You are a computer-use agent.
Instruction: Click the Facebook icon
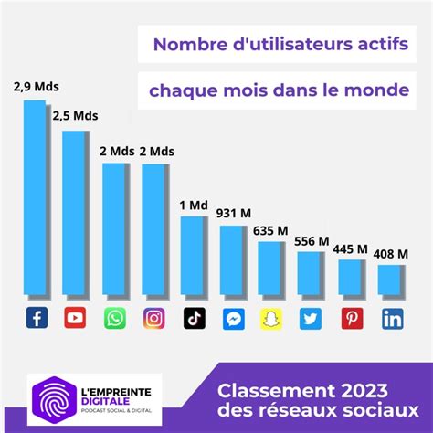point(36,319)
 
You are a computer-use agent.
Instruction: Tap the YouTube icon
point(75,319)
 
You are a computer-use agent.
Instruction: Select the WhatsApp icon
point(114,319)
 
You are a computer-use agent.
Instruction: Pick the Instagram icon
point(153,319)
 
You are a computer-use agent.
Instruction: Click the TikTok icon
point(194,319)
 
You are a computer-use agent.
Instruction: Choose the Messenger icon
point(233,319)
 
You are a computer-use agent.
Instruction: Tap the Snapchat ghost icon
point(272,319)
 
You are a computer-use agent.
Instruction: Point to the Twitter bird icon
point(312,319)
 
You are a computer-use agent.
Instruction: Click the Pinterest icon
point(352,319)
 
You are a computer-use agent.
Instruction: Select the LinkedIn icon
point(392,319)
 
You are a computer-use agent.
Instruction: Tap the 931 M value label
point(234,213)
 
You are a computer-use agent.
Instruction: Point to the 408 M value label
point(392,253)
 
